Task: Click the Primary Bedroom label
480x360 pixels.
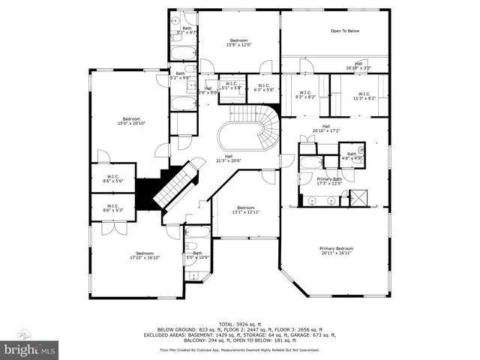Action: coord(337,250)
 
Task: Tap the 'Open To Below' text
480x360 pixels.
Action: coord(345,31)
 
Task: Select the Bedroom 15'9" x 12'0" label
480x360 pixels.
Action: coord(239,42)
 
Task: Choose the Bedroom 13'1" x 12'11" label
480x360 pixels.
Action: coord(246,210)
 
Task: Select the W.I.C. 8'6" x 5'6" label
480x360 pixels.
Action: coord(112,179)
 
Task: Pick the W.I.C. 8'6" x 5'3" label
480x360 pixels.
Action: coord(112,208)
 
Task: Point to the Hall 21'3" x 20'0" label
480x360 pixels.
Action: coord(229,158)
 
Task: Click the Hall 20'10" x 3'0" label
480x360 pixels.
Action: coord(358,66)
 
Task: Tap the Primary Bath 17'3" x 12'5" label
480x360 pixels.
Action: coord(329,181)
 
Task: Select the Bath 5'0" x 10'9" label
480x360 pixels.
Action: coord(197,256)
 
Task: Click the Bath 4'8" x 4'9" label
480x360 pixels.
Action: coord(352,156)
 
